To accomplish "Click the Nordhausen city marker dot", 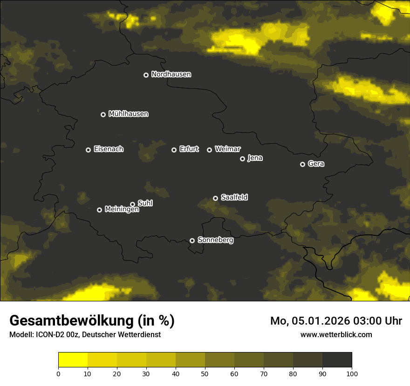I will [146, 75].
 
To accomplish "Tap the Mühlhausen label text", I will [128, 114].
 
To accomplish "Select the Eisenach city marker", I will [88, 150].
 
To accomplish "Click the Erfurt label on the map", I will [189, 149].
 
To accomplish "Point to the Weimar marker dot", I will [209, 150].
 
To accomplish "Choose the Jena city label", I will [255, 158].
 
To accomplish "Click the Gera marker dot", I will [302, 164].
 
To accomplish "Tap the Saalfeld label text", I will [234, 198].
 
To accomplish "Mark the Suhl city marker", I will [132, 204].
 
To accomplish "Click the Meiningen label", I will [122, 210].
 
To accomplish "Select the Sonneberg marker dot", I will [192, 240].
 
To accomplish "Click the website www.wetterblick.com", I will [336, 335].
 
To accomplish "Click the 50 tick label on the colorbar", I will [205, 373].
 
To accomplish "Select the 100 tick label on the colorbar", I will [352, 373].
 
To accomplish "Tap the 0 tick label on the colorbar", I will [58, 373].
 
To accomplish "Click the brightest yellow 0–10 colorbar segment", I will [73, 360].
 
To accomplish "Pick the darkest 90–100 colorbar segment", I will [337, 360].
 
